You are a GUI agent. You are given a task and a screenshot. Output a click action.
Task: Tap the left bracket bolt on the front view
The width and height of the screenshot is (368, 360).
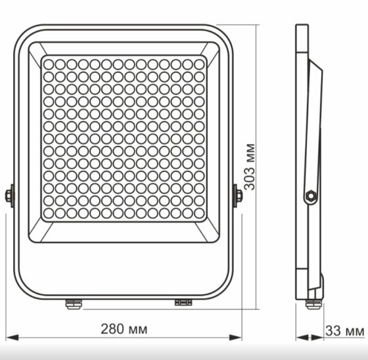pyautogui.click(x=9, y=196)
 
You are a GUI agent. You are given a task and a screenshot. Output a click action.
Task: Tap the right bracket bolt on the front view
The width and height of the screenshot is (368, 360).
pyautogui.click(x=237, y=195)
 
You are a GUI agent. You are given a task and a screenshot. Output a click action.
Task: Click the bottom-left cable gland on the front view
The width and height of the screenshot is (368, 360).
pyautogui.click(x=72, y=303)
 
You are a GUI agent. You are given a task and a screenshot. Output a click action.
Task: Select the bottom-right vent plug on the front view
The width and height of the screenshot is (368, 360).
pyautogui.click(x=182, y=302)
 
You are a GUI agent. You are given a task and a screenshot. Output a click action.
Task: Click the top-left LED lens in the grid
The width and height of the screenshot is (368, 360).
pyautogui.click(x=49, y=64)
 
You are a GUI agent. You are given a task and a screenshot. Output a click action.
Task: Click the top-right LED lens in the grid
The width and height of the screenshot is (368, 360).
pyautogui.click(x=199, y=64)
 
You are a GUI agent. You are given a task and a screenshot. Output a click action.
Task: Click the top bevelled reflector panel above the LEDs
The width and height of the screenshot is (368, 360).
pyautogui.click(x=124, y=49)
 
